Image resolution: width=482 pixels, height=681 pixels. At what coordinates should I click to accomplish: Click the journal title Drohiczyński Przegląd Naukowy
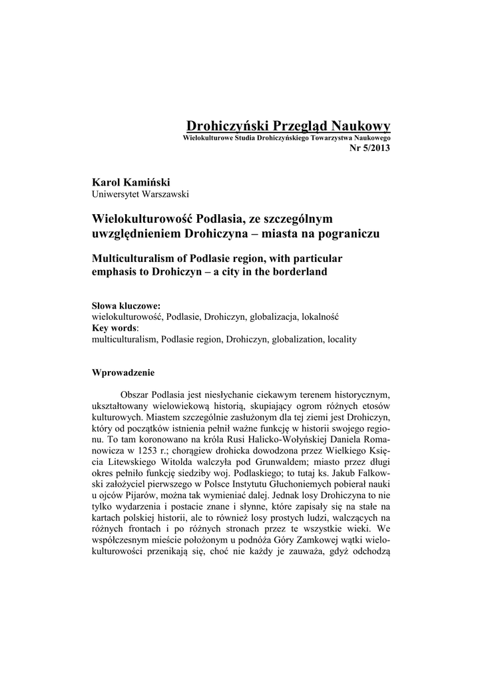click(288, 126)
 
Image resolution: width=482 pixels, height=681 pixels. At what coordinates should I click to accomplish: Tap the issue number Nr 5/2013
click(369, 147)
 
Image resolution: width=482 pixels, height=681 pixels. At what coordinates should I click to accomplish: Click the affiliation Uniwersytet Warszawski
click(140, 194)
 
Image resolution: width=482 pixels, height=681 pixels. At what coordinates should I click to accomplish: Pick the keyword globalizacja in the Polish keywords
click(275, 317)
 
